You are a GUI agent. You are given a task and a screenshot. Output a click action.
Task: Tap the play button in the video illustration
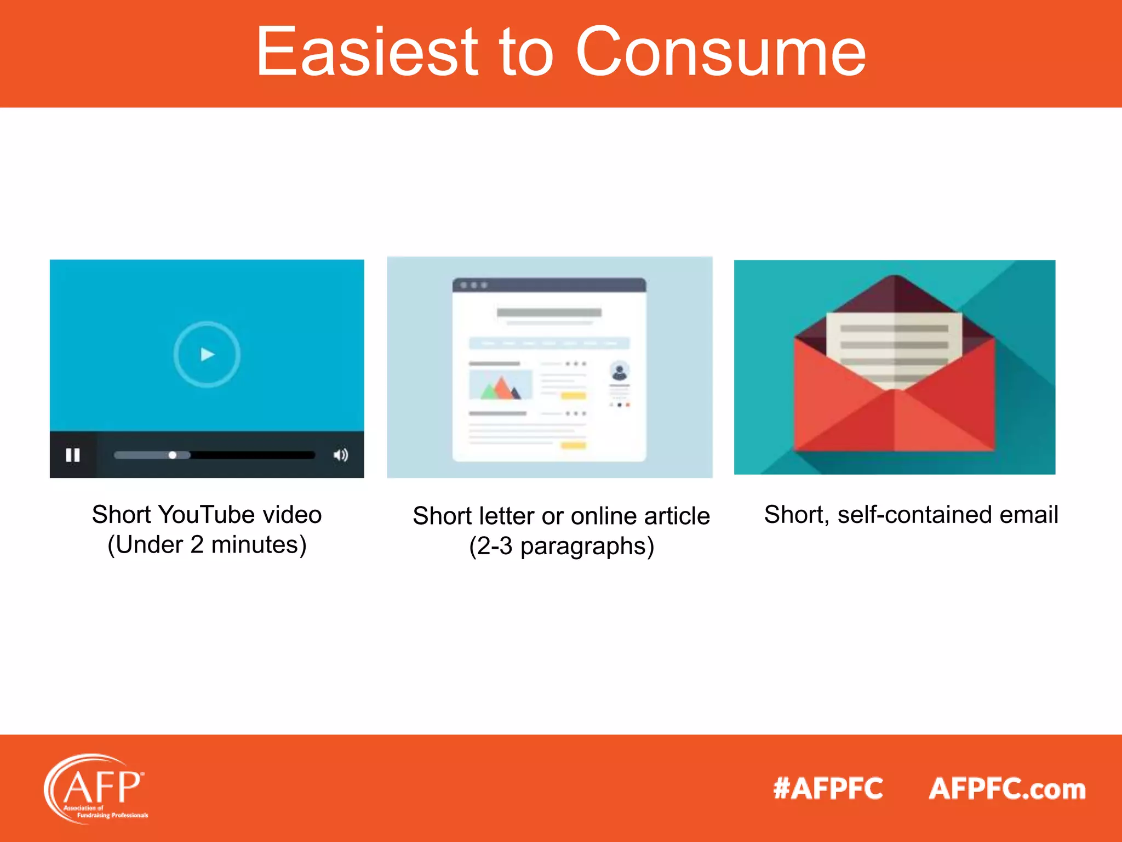click(207, 355)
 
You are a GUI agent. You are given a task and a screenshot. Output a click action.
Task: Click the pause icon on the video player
click(73, 455)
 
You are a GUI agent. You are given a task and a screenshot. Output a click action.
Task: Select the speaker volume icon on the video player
click(341, 455)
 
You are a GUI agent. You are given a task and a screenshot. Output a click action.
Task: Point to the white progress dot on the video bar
click(173, 455)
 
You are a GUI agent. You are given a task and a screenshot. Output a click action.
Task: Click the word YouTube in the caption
click(207, 515)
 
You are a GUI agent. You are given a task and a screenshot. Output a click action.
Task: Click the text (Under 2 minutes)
click(207, 545)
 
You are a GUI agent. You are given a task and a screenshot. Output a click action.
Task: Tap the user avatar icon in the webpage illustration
click(620, 371)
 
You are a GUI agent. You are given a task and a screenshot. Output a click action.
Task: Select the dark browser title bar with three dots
click(549, 285)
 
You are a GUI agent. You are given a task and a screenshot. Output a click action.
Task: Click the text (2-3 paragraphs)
click(562, 547)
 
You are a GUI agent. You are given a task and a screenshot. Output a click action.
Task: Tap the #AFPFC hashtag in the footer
click(828, 789)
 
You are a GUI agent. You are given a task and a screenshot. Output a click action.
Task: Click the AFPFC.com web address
click(1007, 789)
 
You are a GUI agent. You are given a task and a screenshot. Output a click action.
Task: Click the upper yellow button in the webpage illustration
click(574, 396)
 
